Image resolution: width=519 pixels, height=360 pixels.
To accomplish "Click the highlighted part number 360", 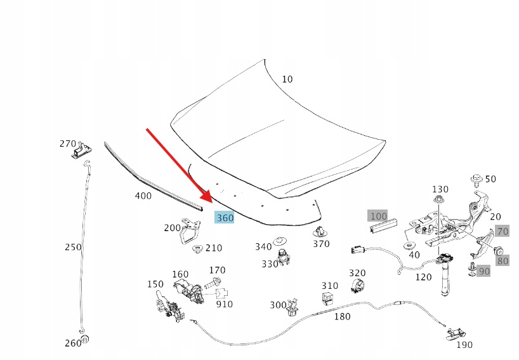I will tap(225, 218).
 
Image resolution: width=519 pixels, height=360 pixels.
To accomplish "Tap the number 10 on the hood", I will tap(287, 79).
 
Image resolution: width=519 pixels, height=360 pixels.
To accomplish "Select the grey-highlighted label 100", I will tap(378, 216).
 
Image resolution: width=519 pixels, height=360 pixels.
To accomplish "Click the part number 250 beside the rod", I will tap(73, 246).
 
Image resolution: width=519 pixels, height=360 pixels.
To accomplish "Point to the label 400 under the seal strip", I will tap(143, 196).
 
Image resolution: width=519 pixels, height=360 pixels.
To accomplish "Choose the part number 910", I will tap(224, 304).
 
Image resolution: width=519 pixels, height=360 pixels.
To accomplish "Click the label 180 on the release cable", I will tap(342, 316).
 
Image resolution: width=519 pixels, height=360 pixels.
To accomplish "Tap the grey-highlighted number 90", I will tap(483, 271).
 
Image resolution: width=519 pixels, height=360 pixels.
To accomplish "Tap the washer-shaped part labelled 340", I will tap(279, 241).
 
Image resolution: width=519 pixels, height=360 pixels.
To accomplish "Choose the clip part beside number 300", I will tap(293, 307).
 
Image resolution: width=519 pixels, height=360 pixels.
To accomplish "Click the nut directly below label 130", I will tap(439, 201).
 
